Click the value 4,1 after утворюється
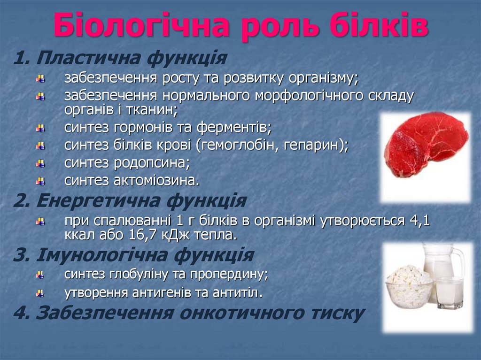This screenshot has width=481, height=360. coord(418,220)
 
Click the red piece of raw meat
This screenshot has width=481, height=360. coord(425,143)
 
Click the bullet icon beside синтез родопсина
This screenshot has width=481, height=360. coord(41,163)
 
